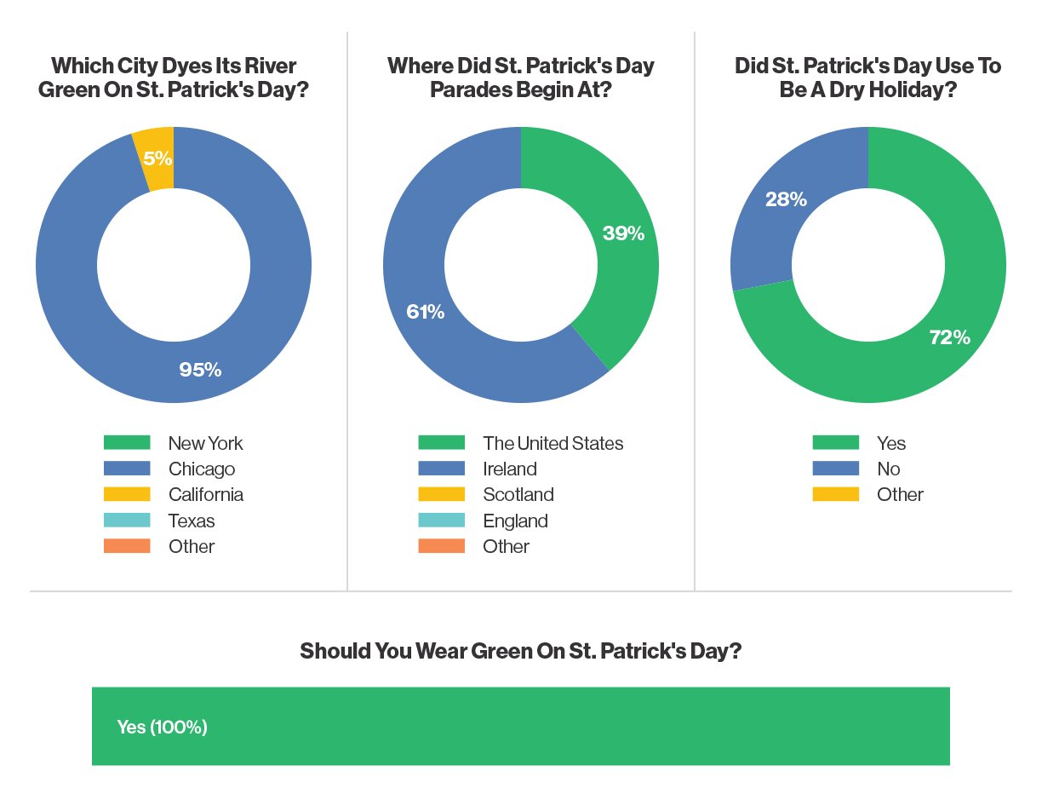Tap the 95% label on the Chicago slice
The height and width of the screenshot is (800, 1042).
click(x=200, y=370)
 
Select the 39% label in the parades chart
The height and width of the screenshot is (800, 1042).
click(x=623, y=233)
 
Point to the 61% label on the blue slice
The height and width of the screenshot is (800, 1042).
click(x=426, y=312)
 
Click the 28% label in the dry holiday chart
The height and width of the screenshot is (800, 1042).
click(x=786, y=199)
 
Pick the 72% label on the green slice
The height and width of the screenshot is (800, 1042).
click(x=949, y=337)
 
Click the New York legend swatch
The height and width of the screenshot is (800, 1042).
click(x=127, y=442)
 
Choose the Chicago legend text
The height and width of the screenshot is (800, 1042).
click(x=202, y=469)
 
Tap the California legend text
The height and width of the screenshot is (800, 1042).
click(x=205, y=494)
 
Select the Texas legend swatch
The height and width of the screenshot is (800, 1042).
click(x=127, y=521)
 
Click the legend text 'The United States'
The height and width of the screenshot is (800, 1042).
click(x=552, y=443)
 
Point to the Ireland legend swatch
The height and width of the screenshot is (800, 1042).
click(x=441, y=469)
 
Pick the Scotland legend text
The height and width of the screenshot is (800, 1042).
click(x=518, y=494)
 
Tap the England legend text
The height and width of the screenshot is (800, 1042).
click(x=515, y=521)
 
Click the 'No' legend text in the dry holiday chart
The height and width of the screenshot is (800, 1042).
click(x=888, y=469)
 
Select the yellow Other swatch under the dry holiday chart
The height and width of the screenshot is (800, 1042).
click(x=835, y=494)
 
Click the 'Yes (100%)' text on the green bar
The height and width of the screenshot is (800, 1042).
click(x=162, y=727)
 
